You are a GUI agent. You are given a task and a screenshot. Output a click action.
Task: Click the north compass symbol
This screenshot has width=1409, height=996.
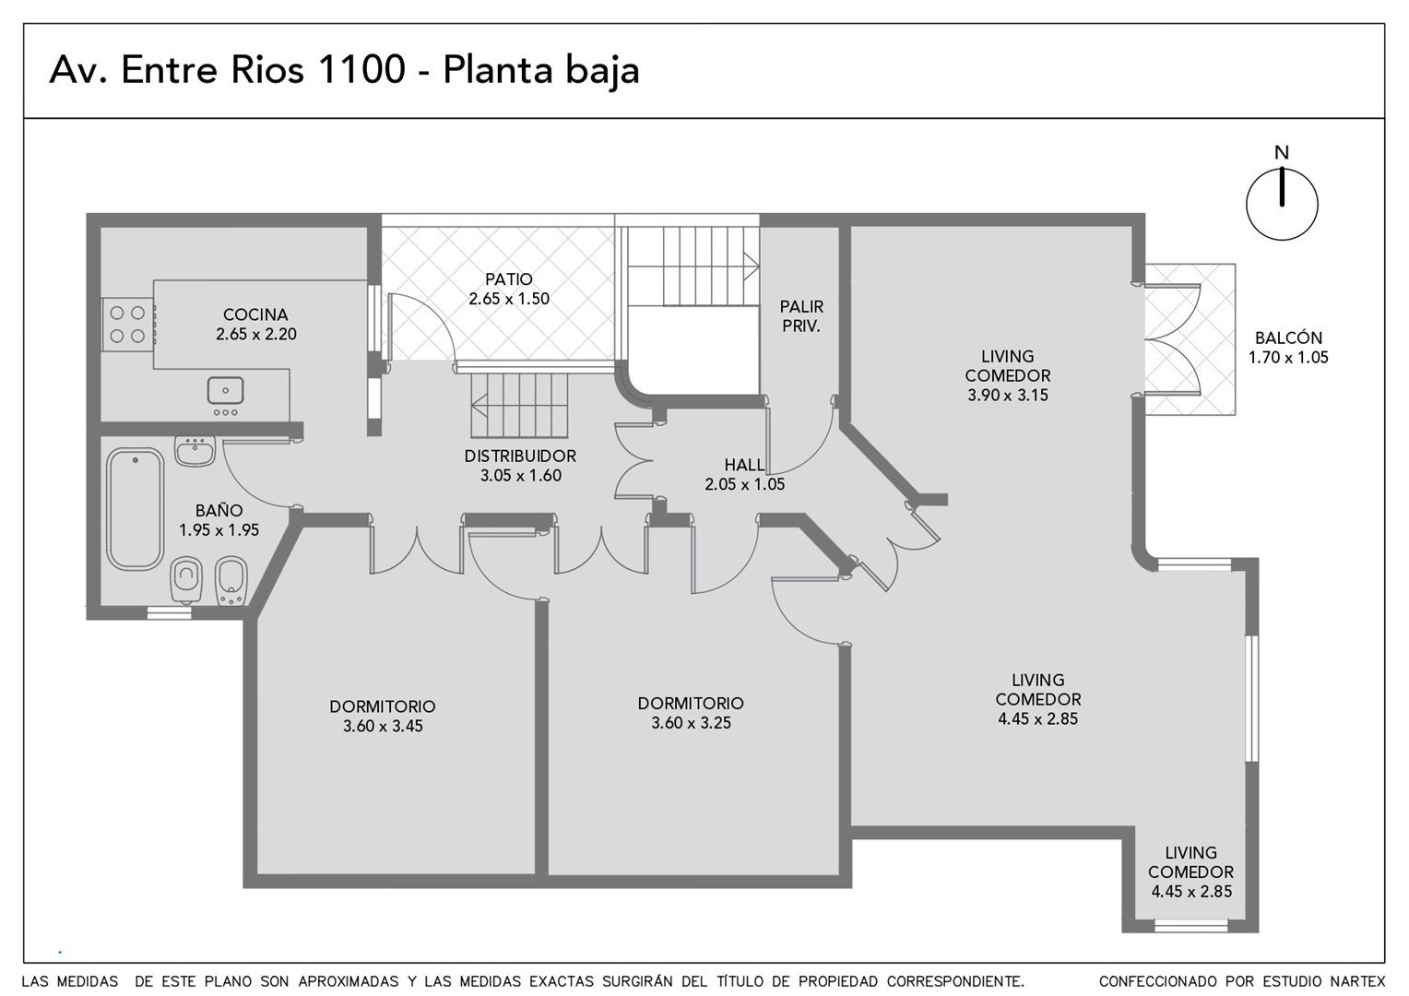click(x=1282, y=204)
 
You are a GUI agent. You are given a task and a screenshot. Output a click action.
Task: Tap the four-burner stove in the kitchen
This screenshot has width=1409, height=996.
click(x=127, y=325)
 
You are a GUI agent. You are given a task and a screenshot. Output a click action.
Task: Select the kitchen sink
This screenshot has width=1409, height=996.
click(x=225, y=391)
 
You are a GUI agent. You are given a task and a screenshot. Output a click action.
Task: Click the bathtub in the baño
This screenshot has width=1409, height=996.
click(x=136, y=509)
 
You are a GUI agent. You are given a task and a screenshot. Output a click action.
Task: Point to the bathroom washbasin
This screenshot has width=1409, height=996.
click(x=195, y=452)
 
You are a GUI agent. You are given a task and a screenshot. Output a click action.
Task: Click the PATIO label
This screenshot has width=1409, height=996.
click(x=509, y=279)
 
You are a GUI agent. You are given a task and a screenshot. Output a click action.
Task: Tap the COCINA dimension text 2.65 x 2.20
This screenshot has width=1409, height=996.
click(x=256, y=334)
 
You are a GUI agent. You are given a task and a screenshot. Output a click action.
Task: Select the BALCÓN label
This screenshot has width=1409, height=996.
click(x=1288, y=338)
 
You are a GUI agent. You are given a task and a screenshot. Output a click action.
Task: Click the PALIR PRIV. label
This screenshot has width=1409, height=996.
click(x=801, y=316)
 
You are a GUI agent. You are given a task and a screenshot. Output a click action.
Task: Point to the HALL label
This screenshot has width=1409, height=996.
click(x=745, y=465)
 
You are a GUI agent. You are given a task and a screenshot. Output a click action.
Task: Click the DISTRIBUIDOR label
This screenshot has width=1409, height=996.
click(x=520, y=456)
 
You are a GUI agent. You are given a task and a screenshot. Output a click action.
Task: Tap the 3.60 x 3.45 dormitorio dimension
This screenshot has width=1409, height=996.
click(x=383, y=726)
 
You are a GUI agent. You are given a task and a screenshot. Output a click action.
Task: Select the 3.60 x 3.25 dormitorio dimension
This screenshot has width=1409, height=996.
click(x=691, y=723)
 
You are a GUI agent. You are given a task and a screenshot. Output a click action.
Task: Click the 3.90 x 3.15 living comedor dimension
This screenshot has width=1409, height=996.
click(x=1008, y=395)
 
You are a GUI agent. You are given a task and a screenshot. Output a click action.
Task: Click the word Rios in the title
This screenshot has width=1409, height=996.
click(x=267, y=69)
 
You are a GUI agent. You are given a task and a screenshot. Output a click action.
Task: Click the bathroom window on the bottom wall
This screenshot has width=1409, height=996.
click(x=169, y=613)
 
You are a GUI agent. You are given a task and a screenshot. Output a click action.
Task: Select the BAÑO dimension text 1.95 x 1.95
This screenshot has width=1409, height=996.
click(x=219, y=530)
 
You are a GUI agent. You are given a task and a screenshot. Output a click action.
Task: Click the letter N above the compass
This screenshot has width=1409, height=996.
click(x=1282, y=152)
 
